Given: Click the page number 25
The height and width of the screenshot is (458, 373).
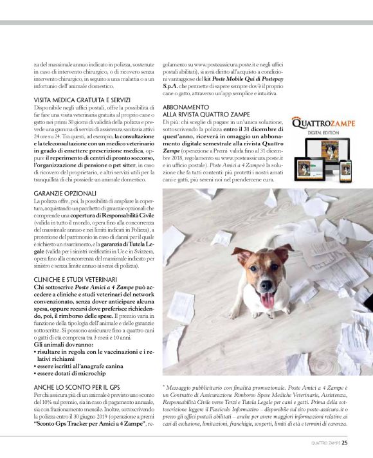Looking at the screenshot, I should click(x=345, y=442).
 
